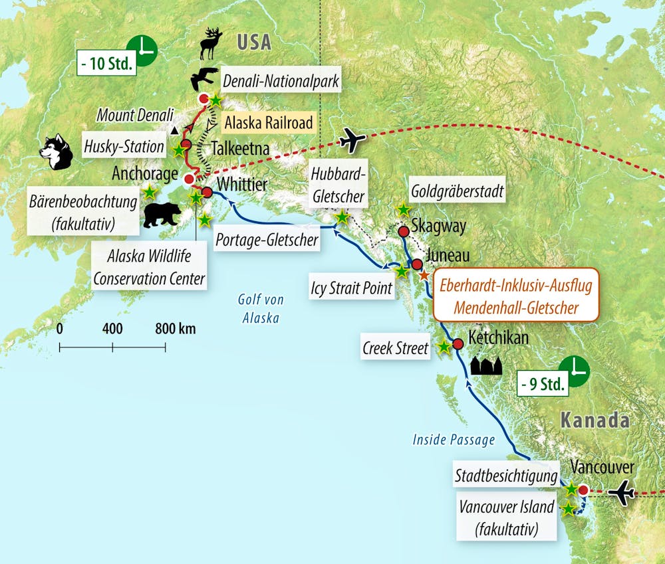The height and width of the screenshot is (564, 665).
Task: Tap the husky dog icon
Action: (x=55, y=152)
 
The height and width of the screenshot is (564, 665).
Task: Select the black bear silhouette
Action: (x=163, y=215)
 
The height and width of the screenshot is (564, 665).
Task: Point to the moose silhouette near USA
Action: (x=210, y=45)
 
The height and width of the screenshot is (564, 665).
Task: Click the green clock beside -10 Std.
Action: (x=144, y=49)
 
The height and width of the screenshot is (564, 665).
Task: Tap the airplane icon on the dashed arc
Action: (x=352, y=140)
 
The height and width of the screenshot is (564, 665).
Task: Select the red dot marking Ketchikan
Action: (x=458, y=344)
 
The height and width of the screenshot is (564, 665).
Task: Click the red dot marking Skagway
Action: (x=403, y=231)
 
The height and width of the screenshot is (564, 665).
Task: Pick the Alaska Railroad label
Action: (x=269, y=122)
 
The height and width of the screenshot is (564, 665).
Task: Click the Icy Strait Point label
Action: (x=352, y=288)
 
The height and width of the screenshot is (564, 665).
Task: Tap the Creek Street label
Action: (x=396, y=347)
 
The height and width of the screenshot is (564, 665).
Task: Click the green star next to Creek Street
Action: (x=444, y=346)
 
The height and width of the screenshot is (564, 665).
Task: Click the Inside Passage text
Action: (x=454, y=439)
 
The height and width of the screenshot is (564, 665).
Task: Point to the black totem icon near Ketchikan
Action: (x=487, y=365)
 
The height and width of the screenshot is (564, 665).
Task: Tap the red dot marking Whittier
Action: (x=207, y=193)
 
